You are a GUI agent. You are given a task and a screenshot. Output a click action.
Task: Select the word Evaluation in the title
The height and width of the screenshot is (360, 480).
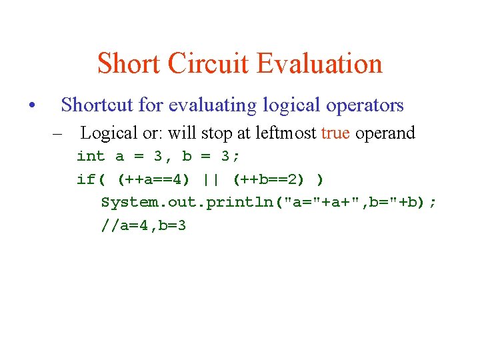pos(319,64)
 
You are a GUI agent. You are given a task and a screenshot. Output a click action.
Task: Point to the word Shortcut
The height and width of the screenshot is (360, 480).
pos(98,105)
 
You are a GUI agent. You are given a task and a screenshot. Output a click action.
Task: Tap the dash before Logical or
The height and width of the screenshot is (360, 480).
pos(59,133)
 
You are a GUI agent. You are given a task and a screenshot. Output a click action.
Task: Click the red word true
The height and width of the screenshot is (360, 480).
pos(335,133)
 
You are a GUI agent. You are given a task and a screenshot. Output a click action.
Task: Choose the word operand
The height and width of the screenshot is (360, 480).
pos(385,133)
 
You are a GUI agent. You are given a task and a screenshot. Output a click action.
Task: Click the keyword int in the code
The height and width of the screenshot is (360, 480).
pos(91,156)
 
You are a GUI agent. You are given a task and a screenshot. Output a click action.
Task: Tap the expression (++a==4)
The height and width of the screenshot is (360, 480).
pos(153,179)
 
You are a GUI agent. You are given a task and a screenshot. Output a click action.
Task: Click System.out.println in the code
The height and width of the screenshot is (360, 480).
pos(187,203)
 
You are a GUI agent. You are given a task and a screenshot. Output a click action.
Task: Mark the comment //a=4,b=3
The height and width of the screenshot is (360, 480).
pos(143,225)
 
